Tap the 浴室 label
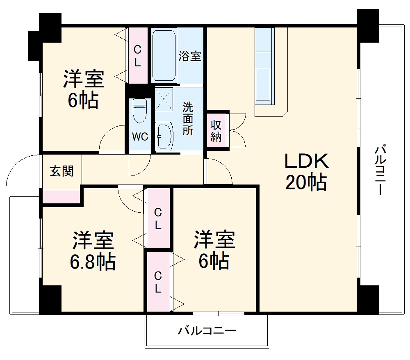click(190, 56)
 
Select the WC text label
click(140, 137)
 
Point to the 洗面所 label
click(188, 119)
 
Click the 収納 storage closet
click(216, 131)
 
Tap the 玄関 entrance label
click(62, 171)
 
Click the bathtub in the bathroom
click(164, 55)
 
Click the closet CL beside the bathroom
click(138, 56)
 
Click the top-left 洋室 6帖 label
click(83, 89)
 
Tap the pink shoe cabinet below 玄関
click(61, 197)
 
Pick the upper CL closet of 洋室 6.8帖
click(158, 218)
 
